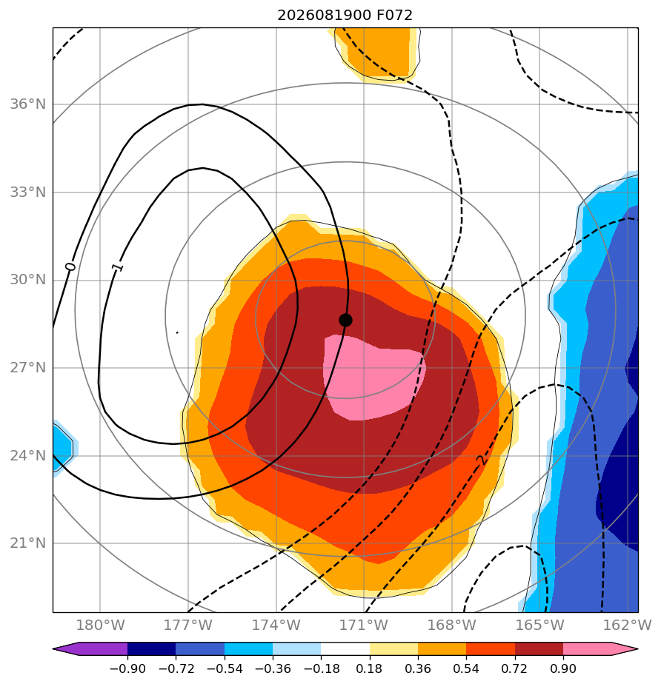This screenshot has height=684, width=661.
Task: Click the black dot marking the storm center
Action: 345,321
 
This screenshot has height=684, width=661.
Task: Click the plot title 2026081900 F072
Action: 345,16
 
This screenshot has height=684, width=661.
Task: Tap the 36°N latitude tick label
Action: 28,104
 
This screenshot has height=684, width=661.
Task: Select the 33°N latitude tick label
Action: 28,192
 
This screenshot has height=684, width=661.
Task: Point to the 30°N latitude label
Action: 28,280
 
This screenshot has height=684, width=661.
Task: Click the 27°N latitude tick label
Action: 28,368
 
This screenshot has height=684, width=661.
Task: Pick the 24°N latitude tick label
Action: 28,456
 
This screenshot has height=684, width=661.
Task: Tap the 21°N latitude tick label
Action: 28,543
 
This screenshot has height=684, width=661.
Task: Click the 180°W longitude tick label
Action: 101,625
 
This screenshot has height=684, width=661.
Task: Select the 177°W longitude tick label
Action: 188,625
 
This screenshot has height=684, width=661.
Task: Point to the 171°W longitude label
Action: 364,625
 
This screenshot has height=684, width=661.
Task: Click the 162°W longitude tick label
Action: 628,625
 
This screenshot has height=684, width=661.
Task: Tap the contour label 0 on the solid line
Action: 70,266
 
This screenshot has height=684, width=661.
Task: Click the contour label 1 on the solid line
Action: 117,267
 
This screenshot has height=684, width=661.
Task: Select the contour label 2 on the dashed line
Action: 481,460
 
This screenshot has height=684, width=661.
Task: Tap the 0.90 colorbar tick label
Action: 563,668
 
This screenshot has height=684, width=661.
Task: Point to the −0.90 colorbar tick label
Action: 127,668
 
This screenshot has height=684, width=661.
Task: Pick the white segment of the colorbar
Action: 345,648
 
